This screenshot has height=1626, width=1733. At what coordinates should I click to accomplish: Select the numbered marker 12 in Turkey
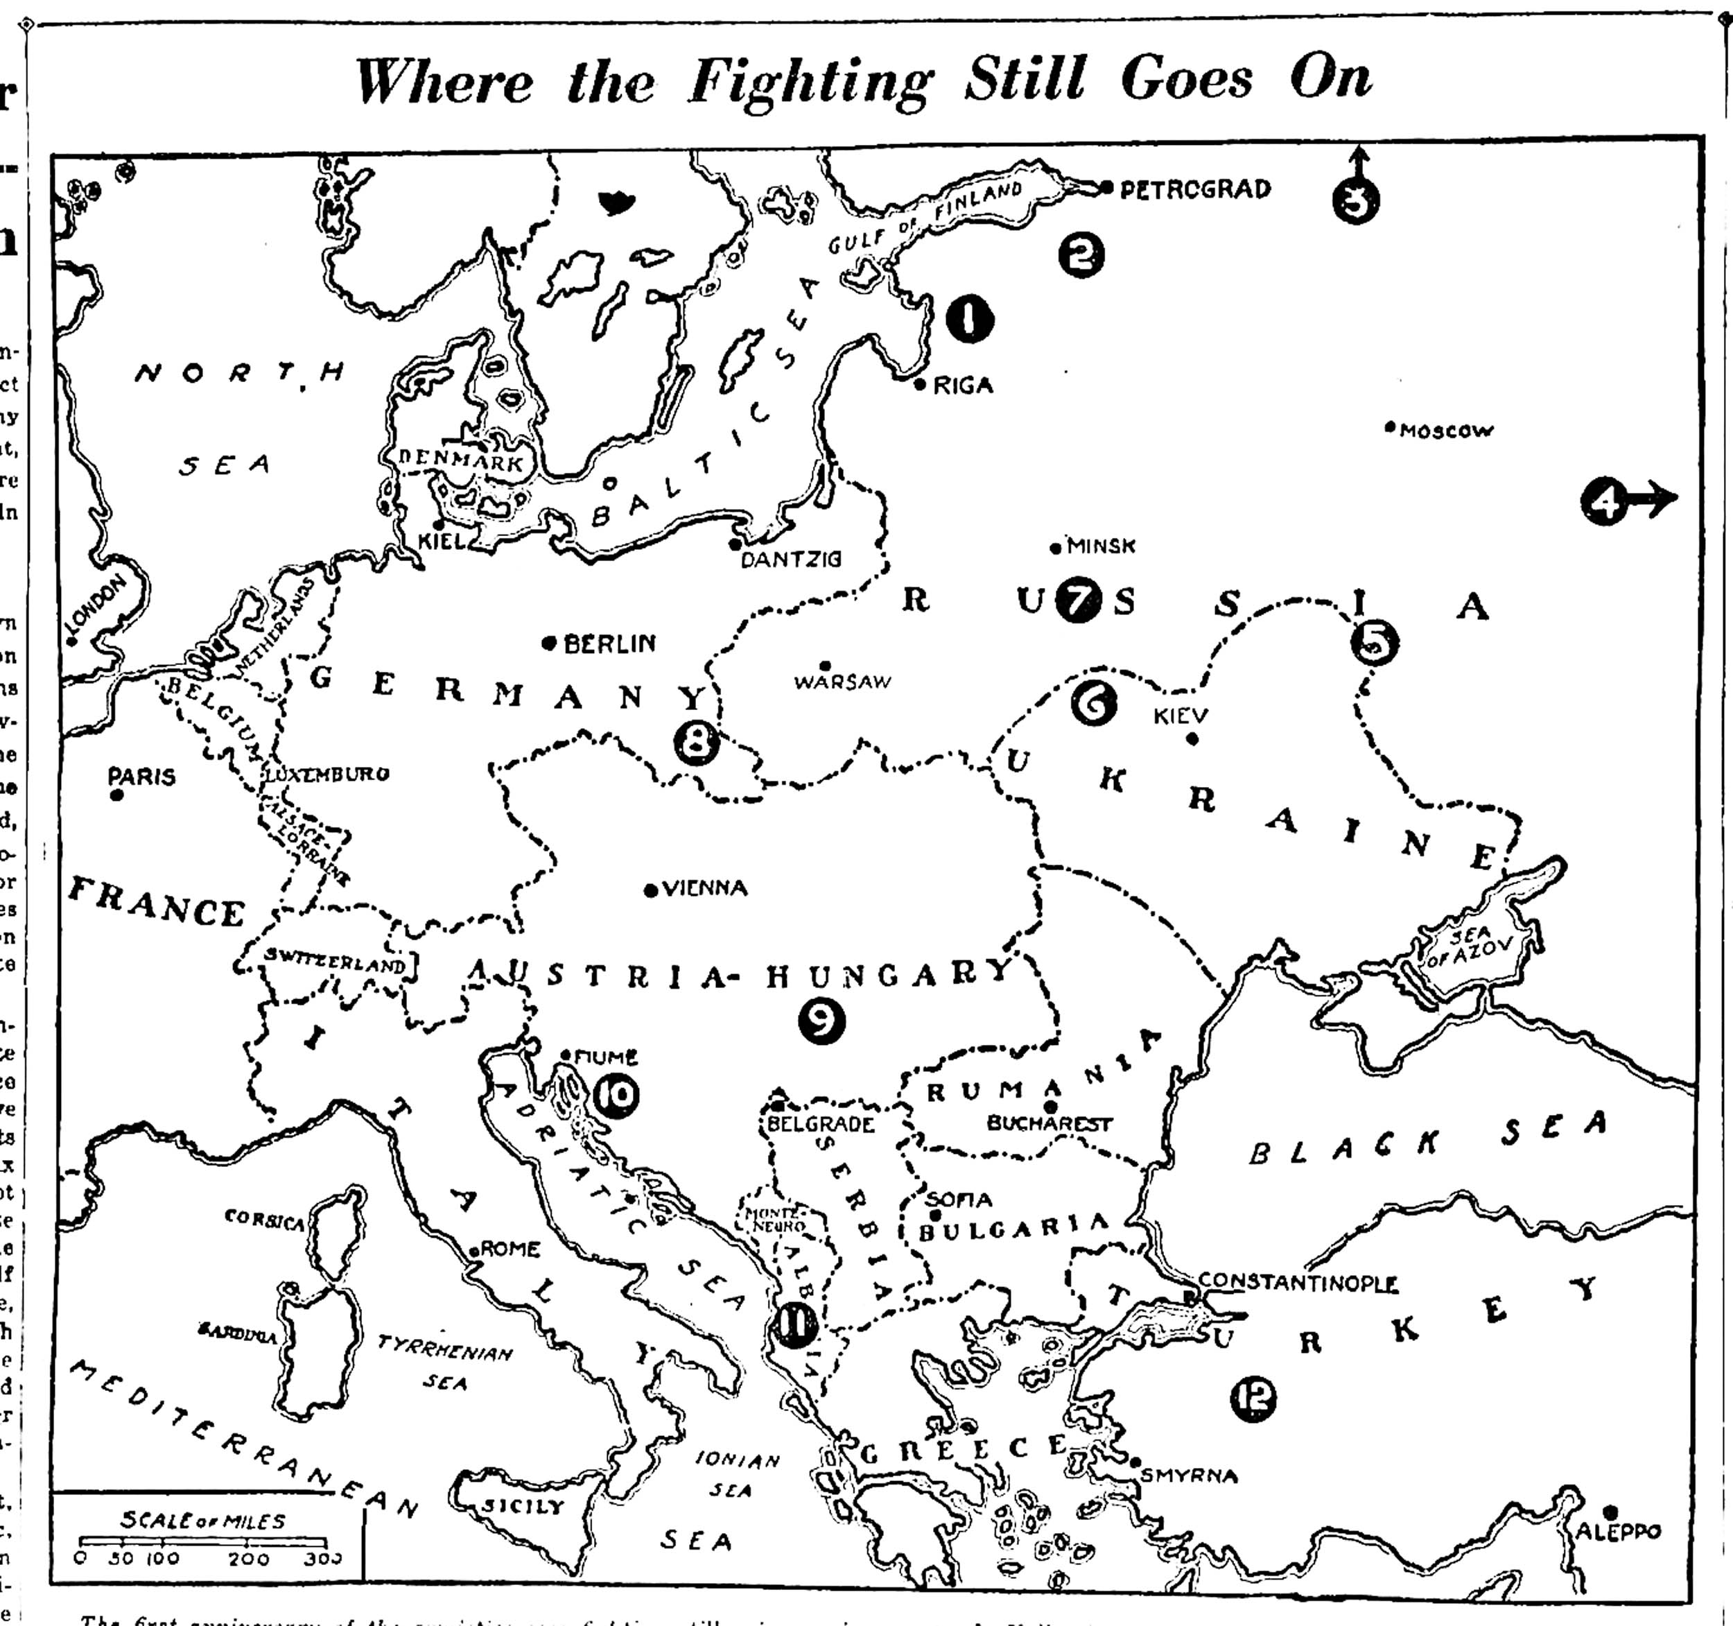(x=1253, y=1399)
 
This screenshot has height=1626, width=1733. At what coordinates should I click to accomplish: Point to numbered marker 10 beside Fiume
(x=616, y=1097)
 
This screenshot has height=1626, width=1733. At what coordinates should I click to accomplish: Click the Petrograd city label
(x=1194, y=189)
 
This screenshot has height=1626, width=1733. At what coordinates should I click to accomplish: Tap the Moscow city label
(x=1445, y=431)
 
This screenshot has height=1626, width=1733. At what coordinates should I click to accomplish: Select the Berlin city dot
(x=548, y=643)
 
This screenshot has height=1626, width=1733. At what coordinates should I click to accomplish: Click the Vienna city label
(x=704, y=888)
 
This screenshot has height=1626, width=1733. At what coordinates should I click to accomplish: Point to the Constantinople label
(x=1297, y=1283)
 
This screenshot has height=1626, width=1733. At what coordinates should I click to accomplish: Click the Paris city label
(x=141, y=775)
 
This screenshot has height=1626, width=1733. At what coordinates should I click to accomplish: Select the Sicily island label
(x=523, y=1505)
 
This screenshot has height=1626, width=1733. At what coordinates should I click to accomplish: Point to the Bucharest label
(x=1049, y=1124)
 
